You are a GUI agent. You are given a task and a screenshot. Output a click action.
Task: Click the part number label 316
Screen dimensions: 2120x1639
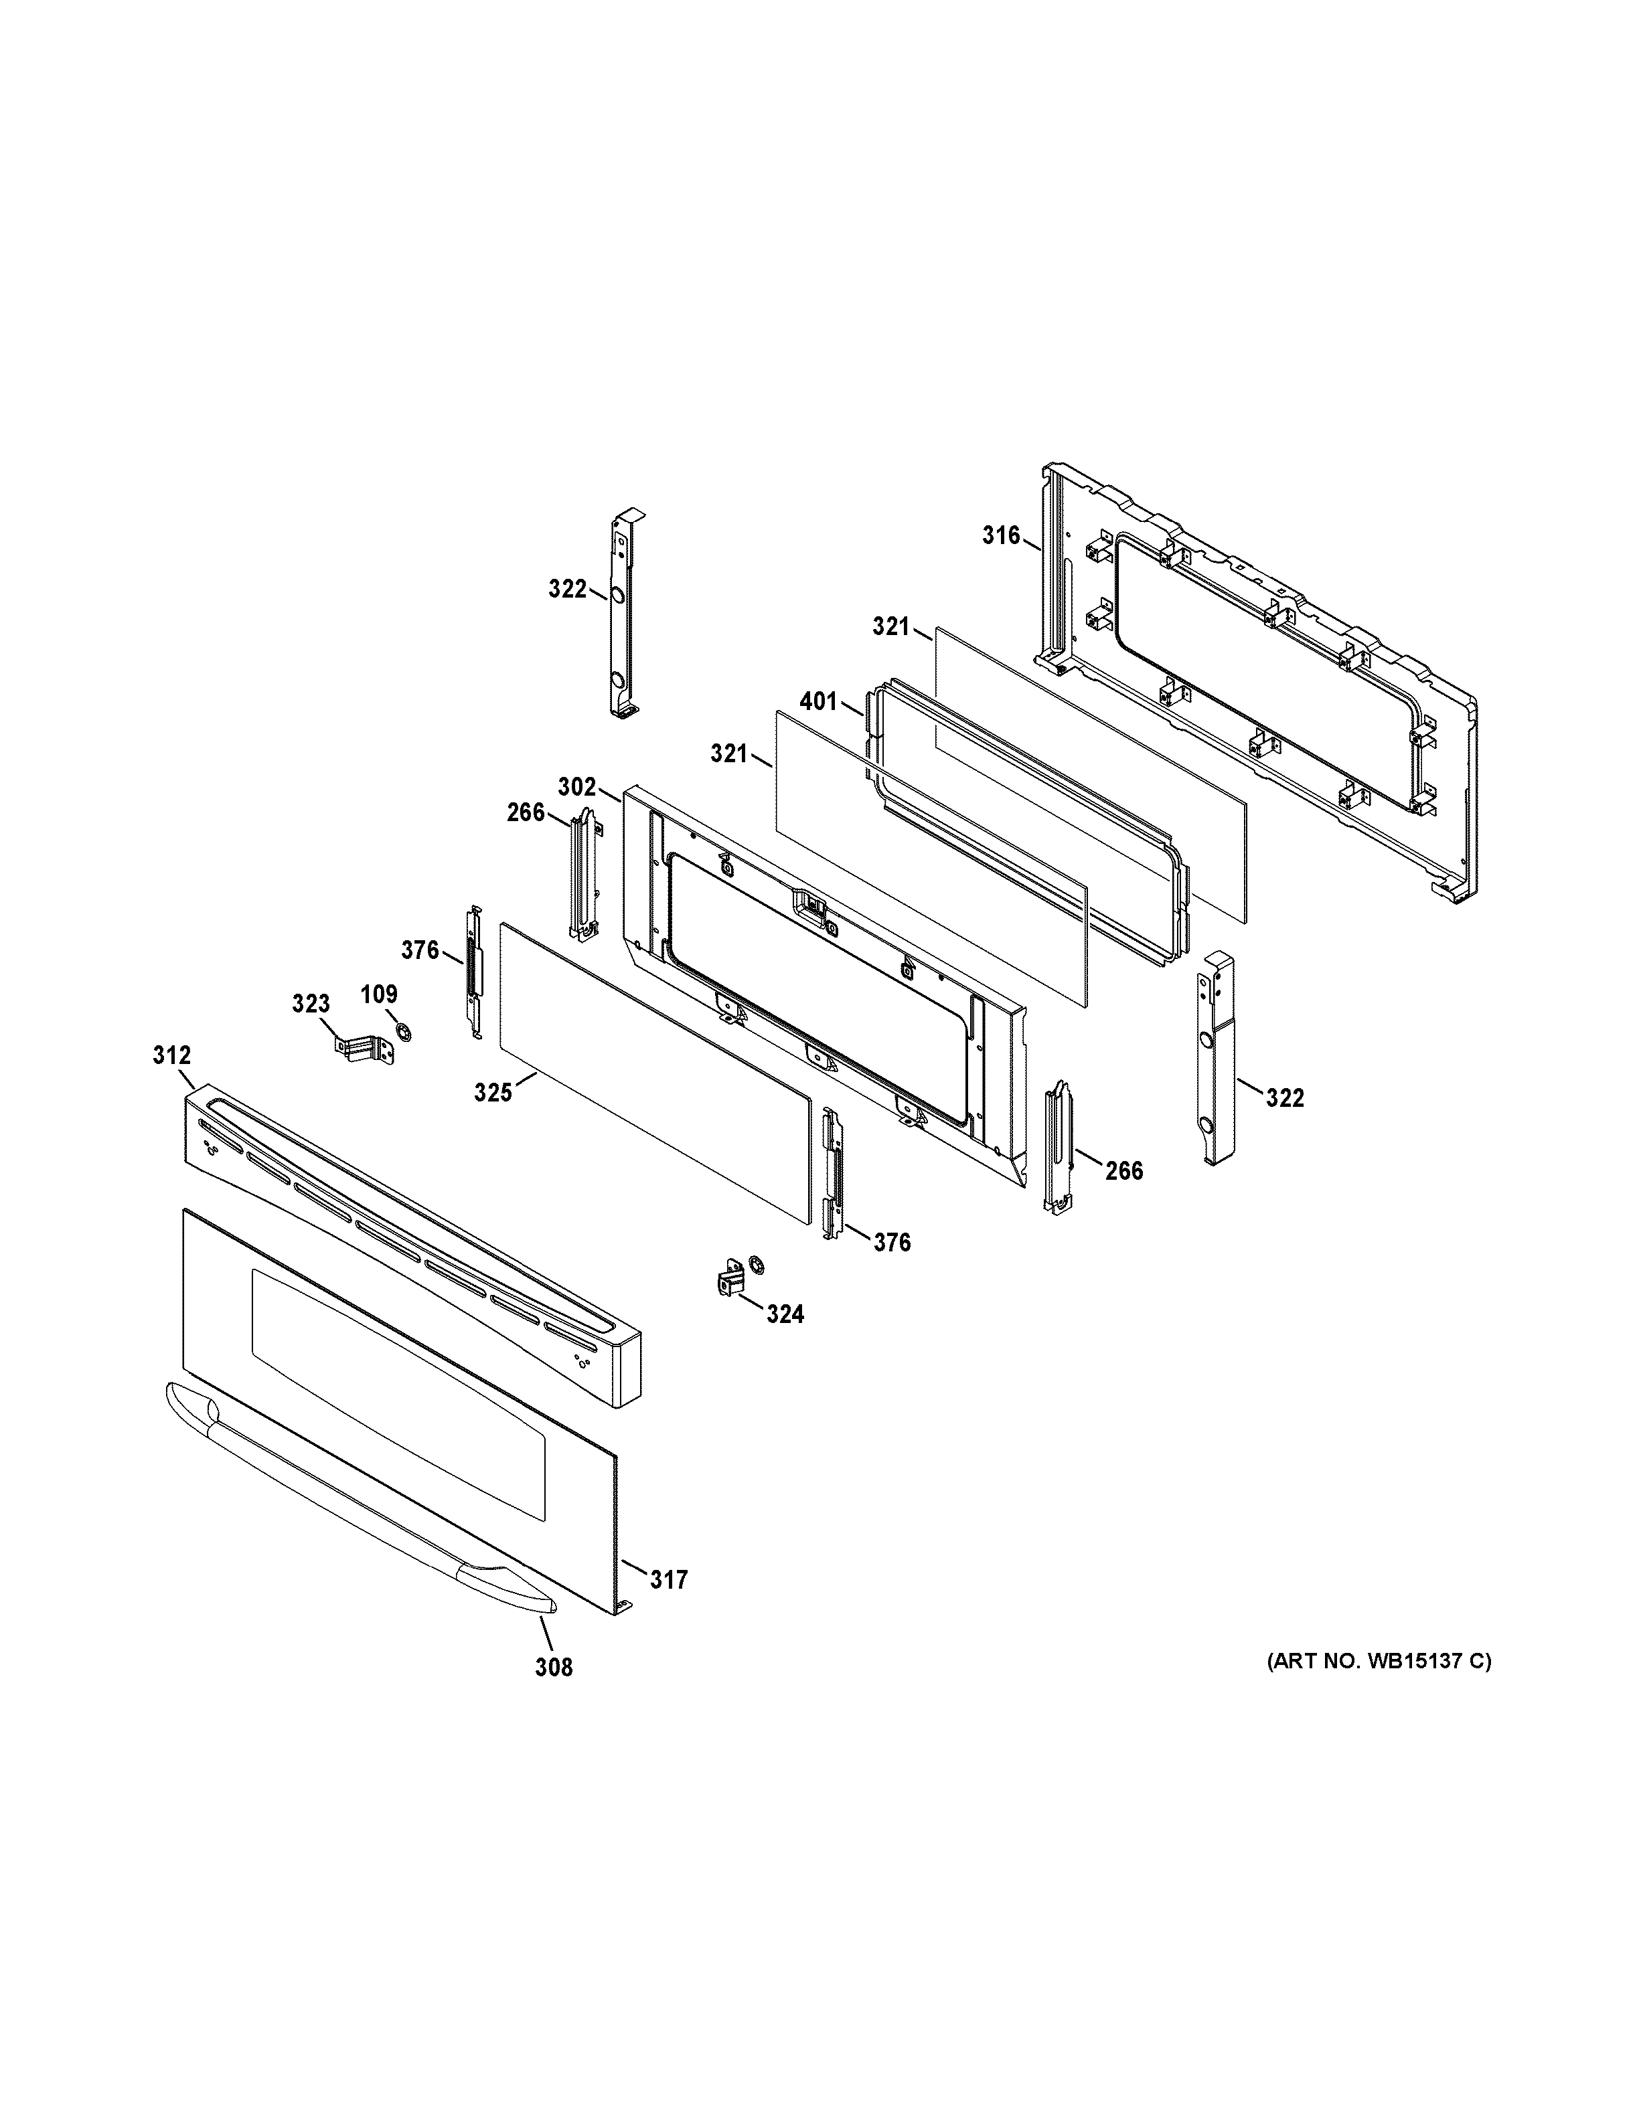1000,535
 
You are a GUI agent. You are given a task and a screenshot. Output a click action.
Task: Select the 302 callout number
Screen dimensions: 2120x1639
576,787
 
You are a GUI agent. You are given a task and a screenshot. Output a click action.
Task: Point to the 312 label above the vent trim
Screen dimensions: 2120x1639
172,1055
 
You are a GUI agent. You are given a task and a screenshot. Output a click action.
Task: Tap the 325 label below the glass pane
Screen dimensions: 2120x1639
492,1093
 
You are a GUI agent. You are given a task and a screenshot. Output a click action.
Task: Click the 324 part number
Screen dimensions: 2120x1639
785,1314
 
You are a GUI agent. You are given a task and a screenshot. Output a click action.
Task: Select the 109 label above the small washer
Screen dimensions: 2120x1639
379,994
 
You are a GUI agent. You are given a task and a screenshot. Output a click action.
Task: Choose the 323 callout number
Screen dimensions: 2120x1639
311,1004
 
